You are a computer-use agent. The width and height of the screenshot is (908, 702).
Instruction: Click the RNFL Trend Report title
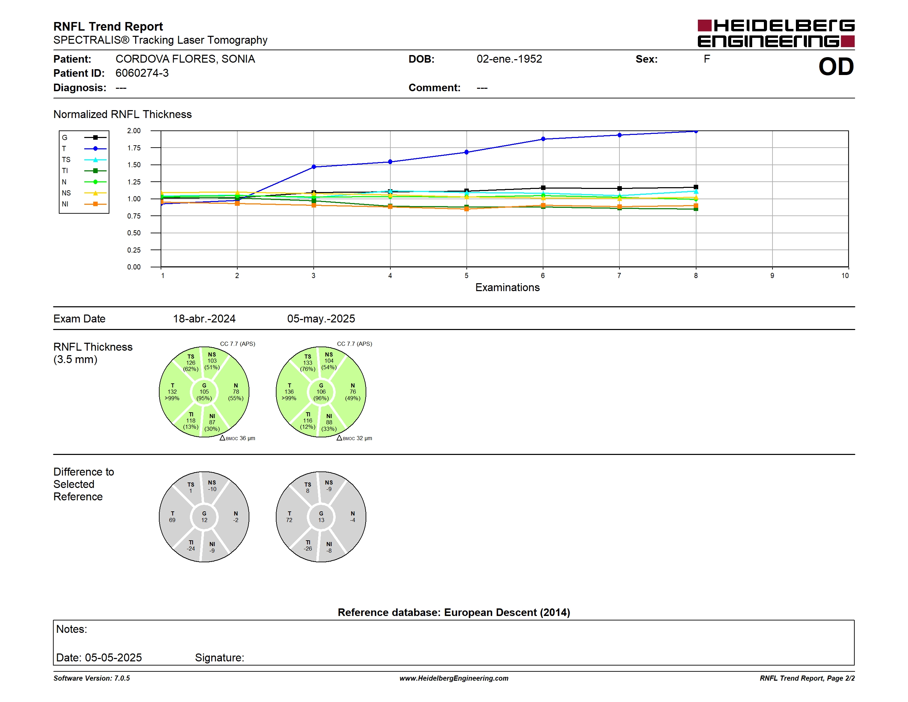coord(108,26)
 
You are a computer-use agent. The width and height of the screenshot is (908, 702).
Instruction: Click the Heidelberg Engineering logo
coord(776,33)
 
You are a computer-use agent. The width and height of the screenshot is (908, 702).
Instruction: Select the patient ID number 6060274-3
coord(142,73)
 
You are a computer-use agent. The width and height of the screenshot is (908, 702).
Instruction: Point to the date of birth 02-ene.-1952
coord(509,59)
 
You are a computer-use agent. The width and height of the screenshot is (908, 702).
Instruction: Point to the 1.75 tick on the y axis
coord(134,148)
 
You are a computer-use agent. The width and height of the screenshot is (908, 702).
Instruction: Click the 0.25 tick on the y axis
coord(134,250)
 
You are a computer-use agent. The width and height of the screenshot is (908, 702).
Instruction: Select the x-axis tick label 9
coord(772,276)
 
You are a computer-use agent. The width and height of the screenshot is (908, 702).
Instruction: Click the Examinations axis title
coord(507,287)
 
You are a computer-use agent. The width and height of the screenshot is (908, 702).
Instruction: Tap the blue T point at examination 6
coord(543,139)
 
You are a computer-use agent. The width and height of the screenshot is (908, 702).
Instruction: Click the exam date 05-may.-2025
coord(321,319)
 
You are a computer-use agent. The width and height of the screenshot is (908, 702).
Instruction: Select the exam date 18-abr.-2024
coord(204,319)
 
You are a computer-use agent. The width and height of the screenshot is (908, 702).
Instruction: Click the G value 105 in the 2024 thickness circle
coord(204,392)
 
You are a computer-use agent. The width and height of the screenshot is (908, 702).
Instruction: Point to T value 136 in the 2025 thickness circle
coord(289,392)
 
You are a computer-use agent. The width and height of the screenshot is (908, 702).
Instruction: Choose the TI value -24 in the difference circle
coord(191,549)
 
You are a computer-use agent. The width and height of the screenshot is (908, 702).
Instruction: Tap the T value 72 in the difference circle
coord(289,520)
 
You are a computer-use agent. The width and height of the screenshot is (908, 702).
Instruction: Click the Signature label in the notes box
coord(219,658)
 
